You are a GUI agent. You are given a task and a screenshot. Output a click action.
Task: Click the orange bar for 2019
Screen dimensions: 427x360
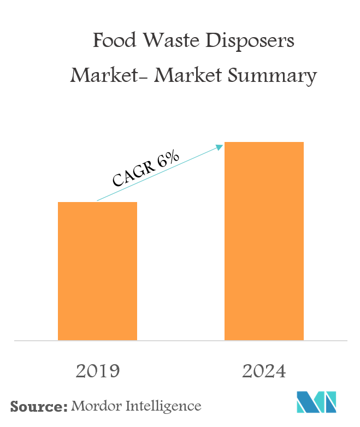pos(97,271)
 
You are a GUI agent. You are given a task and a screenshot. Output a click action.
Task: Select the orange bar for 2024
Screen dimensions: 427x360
pos(264,241)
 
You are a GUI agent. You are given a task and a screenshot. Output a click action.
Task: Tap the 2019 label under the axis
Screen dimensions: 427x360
pos(97,371)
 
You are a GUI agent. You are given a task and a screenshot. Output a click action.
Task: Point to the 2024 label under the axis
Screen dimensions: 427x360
pos(264,371)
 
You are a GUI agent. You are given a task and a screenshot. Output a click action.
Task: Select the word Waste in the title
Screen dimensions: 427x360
pos(166,41)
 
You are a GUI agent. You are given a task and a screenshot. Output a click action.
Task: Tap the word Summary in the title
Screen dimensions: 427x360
pos(274,76)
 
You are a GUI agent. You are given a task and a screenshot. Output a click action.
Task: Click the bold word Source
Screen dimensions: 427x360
pos(37,406)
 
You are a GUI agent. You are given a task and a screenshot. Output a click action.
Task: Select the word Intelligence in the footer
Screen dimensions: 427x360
pos(163,407)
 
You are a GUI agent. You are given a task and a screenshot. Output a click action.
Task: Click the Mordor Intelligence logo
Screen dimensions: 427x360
pos(316,402)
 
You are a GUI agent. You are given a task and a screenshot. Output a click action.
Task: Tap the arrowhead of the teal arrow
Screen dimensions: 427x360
pos(221,146)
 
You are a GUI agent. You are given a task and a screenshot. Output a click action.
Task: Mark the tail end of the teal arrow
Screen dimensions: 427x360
pos(97,201)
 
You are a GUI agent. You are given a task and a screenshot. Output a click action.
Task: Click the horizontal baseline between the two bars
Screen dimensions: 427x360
pos(180,341)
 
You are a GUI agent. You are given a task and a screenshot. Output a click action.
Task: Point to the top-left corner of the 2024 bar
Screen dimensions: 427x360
pos(225,142)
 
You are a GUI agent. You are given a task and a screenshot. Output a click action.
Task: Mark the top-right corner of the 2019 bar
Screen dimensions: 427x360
pos(137,202)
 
